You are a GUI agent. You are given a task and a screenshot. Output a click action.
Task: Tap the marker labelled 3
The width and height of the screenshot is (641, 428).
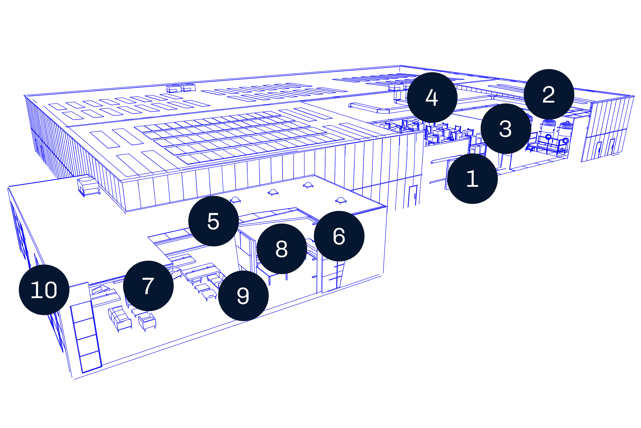[506, 129]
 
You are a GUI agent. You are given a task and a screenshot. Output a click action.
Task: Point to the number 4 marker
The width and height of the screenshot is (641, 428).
[432, 97]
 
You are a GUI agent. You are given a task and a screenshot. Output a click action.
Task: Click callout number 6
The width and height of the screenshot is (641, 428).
[339, 236]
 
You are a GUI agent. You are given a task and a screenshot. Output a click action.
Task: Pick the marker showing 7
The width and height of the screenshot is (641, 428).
[148, 286]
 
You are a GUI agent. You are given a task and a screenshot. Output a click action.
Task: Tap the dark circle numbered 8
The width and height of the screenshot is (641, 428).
[282, 249]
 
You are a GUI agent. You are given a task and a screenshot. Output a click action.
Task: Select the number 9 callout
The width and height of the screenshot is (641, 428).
[243, 296]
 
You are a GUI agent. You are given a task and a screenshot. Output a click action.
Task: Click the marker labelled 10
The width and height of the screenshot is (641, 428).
[44, 290]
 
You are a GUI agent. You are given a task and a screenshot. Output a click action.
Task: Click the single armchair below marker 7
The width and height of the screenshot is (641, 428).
[147, 322]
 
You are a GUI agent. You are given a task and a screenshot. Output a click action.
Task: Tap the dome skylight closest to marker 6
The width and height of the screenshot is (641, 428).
[341, 201]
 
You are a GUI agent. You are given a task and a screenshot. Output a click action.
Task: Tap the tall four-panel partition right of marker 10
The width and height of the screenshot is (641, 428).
[86, 337]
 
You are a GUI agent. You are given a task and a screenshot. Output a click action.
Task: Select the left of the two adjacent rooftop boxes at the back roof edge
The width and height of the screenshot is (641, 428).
[174, 89]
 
